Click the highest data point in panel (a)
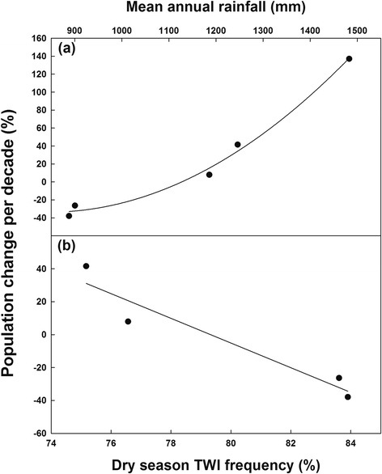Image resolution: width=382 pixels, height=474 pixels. click(x=349, y=59)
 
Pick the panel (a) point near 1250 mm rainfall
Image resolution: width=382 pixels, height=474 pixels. click(x=237, y=145)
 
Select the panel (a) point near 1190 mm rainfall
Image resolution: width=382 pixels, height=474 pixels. click(x=209, y=175)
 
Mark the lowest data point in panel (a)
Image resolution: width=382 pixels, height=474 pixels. click(x=69, y=216)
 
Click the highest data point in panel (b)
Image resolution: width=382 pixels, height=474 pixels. click(x=86, y=266)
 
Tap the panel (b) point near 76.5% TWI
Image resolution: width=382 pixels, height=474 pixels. click(x=128, y=321)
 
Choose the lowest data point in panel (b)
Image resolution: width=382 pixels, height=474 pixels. click(x=348, y=397)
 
